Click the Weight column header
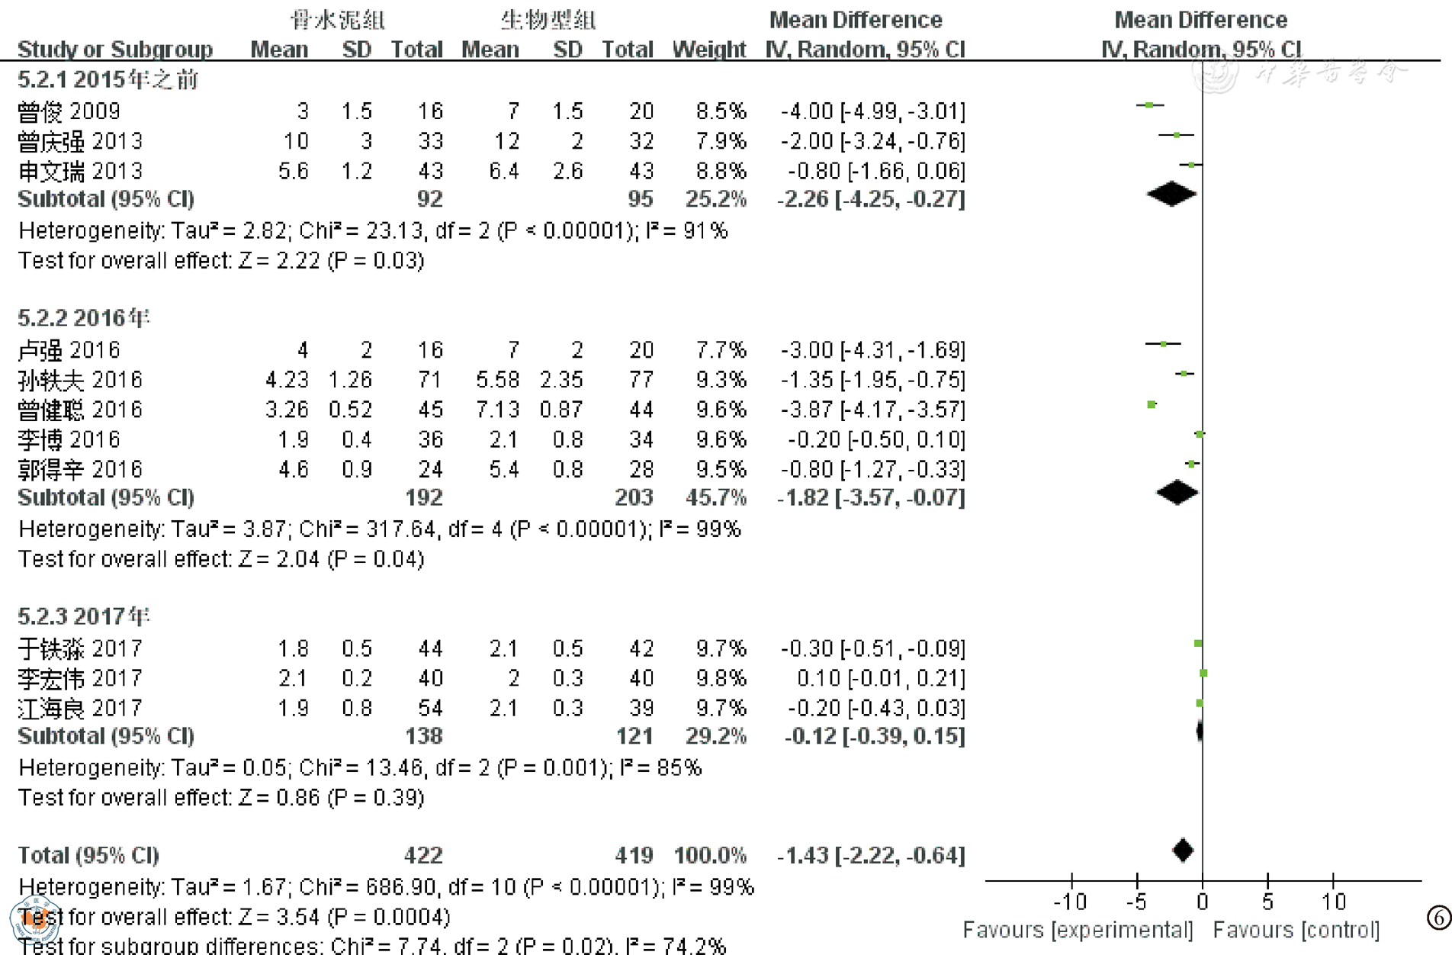pos(708,50)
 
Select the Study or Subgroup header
pos(115,50)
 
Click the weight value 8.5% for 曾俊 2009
pos(720,111)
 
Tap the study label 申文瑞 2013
pos(80,171)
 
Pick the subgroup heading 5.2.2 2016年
pos(84,317)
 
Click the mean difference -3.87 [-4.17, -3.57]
pos(872,410)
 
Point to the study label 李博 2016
pos(69,439)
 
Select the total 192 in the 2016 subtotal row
pos(423,497)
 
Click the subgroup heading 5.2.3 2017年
pos(84,616)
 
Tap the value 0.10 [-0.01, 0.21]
pos(880,678)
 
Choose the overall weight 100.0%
pos(709,855)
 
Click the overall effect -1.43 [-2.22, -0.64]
pos(871,855)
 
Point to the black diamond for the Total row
pos(1183,850)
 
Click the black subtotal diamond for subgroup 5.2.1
pos(1172,195)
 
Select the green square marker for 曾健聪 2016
pos(1152,404)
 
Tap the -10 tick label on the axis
pos(1070,902)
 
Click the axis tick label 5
pos(1267,902)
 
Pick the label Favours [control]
pos(1296,930)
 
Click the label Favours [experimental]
pos(1078,930)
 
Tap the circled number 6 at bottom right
pos(1438,918)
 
